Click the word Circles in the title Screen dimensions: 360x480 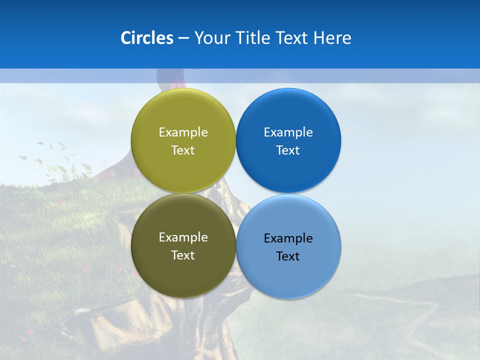147,38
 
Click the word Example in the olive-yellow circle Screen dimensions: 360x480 183,132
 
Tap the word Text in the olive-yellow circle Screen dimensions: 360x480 183,150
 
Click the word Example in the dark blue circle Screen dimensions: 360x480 288,132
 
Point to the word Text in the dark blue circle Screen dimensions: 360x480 288,150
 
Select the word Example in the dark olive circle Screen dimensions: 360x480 183,237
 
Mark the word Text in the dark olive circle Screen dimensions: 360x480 183,255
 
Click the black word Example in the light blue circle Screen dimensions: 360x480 288,238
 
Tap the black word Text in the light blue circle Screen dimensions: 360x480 288,256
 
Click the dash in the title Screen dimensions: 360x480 183,38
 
